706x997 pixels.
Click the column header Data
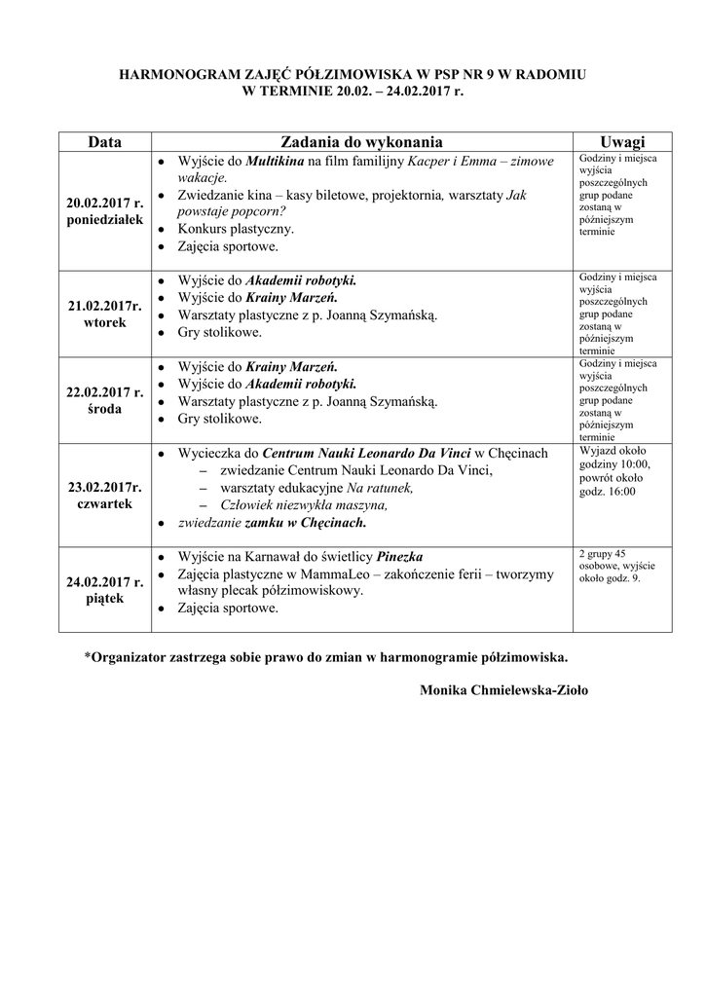pyautogui.click(x=104, y=141)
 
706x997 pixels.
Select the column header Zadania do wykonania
pyautogui.click(x=361, y=141)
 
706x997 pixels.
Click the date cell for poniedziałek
pyautogui.click(x=104, y=211)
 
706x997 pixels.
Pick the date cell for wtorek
pyautogui.click(x=104, y=314)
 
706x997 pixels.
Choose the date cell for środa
pyautogui.click(x=104, y=400)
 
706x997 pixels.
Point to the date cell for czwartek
pyautogui.click(x=104, y=495)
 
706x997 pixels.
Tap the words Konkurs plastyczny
pyautogui.click(x=236, y=229)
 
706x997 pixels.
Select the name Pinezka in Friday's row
pyautogui.click(x=399, y=557)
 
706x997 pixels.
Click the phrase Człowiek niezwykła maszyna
pyautogui.click(x=305, y=504)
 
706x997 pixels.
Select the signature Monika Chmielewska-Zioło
pyautogui.click(x=503, y=690)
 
